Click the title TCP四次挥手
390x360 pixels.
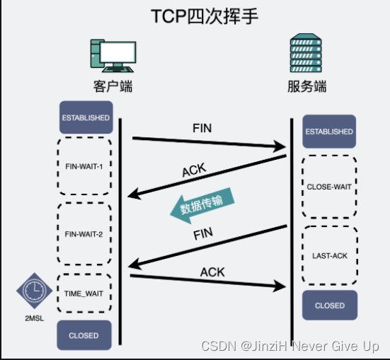205,16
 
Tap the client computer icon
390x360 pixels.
113,56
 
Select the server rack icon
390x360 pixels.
306,53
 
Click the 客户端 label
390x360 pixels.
113,86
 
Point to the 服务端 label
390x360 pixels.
307,86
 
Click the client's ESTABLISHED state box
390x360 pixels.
86,117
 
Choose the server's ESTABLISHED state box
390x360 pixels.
329,132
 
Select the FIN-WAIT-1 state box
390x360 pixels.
84,166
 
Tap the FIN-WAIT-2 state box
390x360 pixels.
84,233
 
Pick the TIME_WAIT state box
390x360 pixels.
84,294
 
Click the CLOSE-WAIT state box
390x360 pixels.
329,187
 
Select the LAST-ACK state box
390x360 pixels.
330,255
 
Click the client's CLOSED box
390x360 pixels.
84,335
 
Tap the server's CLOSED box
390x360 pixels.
330,305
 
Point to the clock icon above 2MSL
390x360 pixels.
34,291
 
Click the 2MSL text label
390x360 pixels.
34,318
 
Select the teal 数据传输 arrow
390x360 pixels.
202,205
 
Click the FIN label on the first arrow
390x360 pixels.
202,128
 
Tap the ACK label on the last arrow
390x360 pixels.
212,272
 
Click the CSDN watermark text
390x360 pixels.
290,346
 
